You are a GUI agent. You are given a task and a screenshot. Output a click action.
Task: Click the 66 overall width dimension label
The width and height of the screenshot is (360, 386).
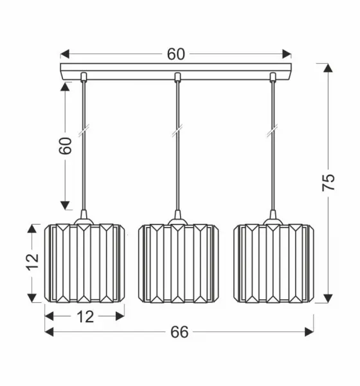[179, 332]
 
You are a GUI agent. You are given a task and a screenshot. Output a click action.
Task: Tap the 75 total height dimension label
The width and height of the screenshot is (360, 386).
[328, 182]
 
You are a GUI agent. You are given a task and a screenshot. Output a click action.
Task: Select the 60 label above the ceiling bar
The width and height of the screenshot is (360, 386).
[176, 54]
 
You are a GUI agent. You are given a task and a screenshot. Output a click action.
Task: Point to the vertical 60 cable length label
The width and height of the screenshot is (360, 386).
[65, 146]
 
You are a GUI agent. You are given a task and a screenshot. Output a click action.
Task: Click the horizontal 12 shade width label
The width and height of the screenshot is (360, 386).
[85, 317]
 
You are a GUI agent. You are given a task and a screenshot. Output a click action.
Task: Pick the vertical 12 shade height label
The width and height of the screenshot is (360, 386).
[33, 262]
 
